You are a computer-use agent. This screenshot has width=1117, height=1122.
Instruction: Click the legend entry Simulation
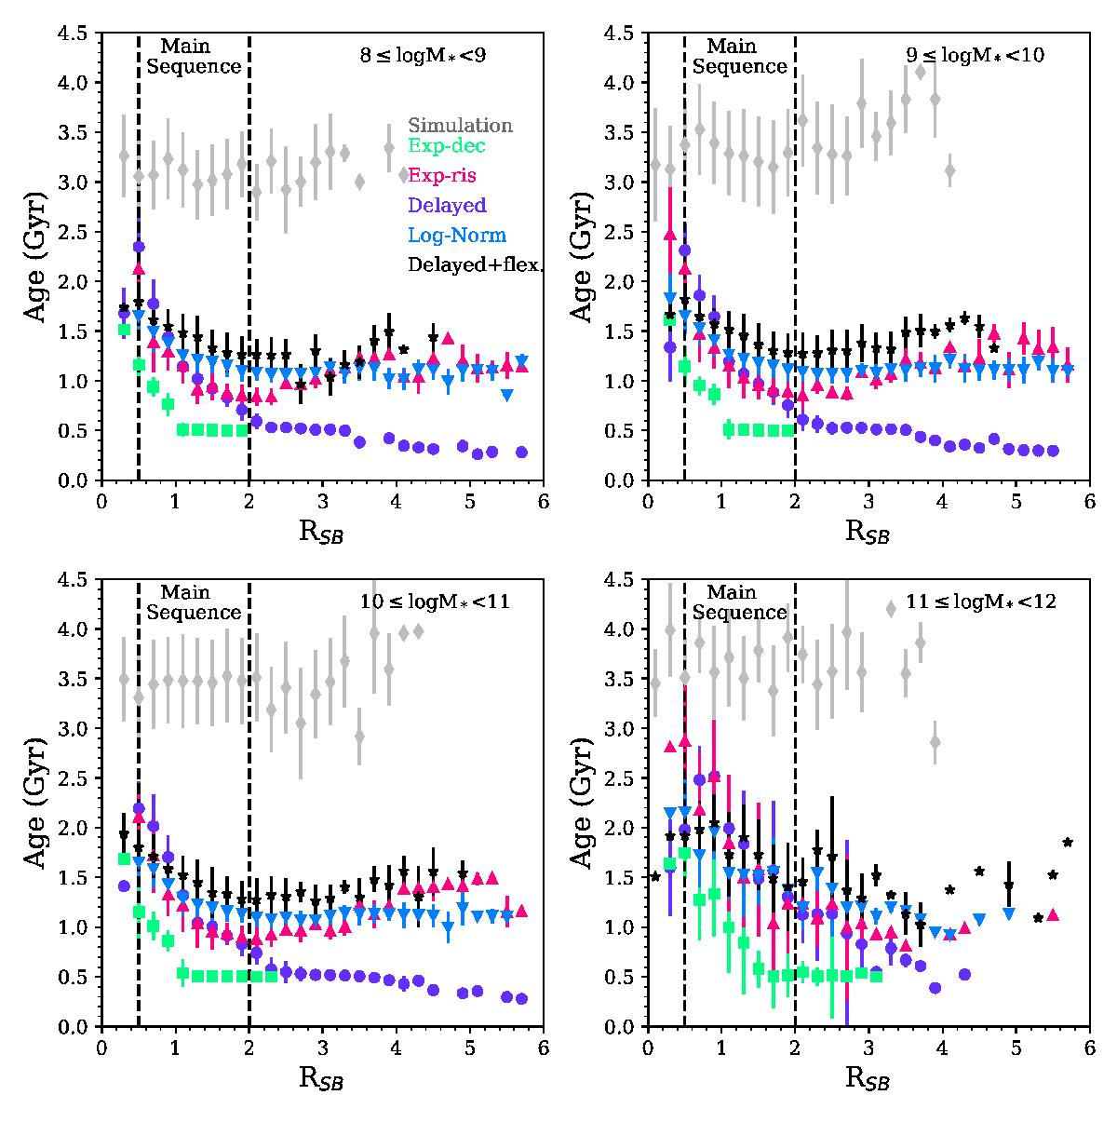[460, 125]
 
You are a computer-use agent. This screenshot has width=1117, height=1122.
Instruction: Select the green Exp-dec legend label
[447, 146]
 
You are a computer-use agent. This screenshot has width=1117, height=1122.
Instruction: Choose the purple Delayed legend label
[447, 205]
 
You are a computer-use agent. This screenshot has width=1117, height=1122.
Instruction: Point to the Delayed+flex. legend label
[475, 265]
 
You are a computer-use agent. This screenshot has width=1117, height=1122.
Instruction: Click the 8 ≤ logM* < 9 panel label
[424, 55]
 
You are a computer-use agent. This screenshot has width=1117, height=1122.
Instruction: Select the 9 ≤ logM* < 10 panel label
[976, 55]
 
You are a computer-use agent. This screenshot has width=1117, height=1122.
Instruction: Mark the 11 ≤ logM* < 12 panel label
[976, 602]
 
